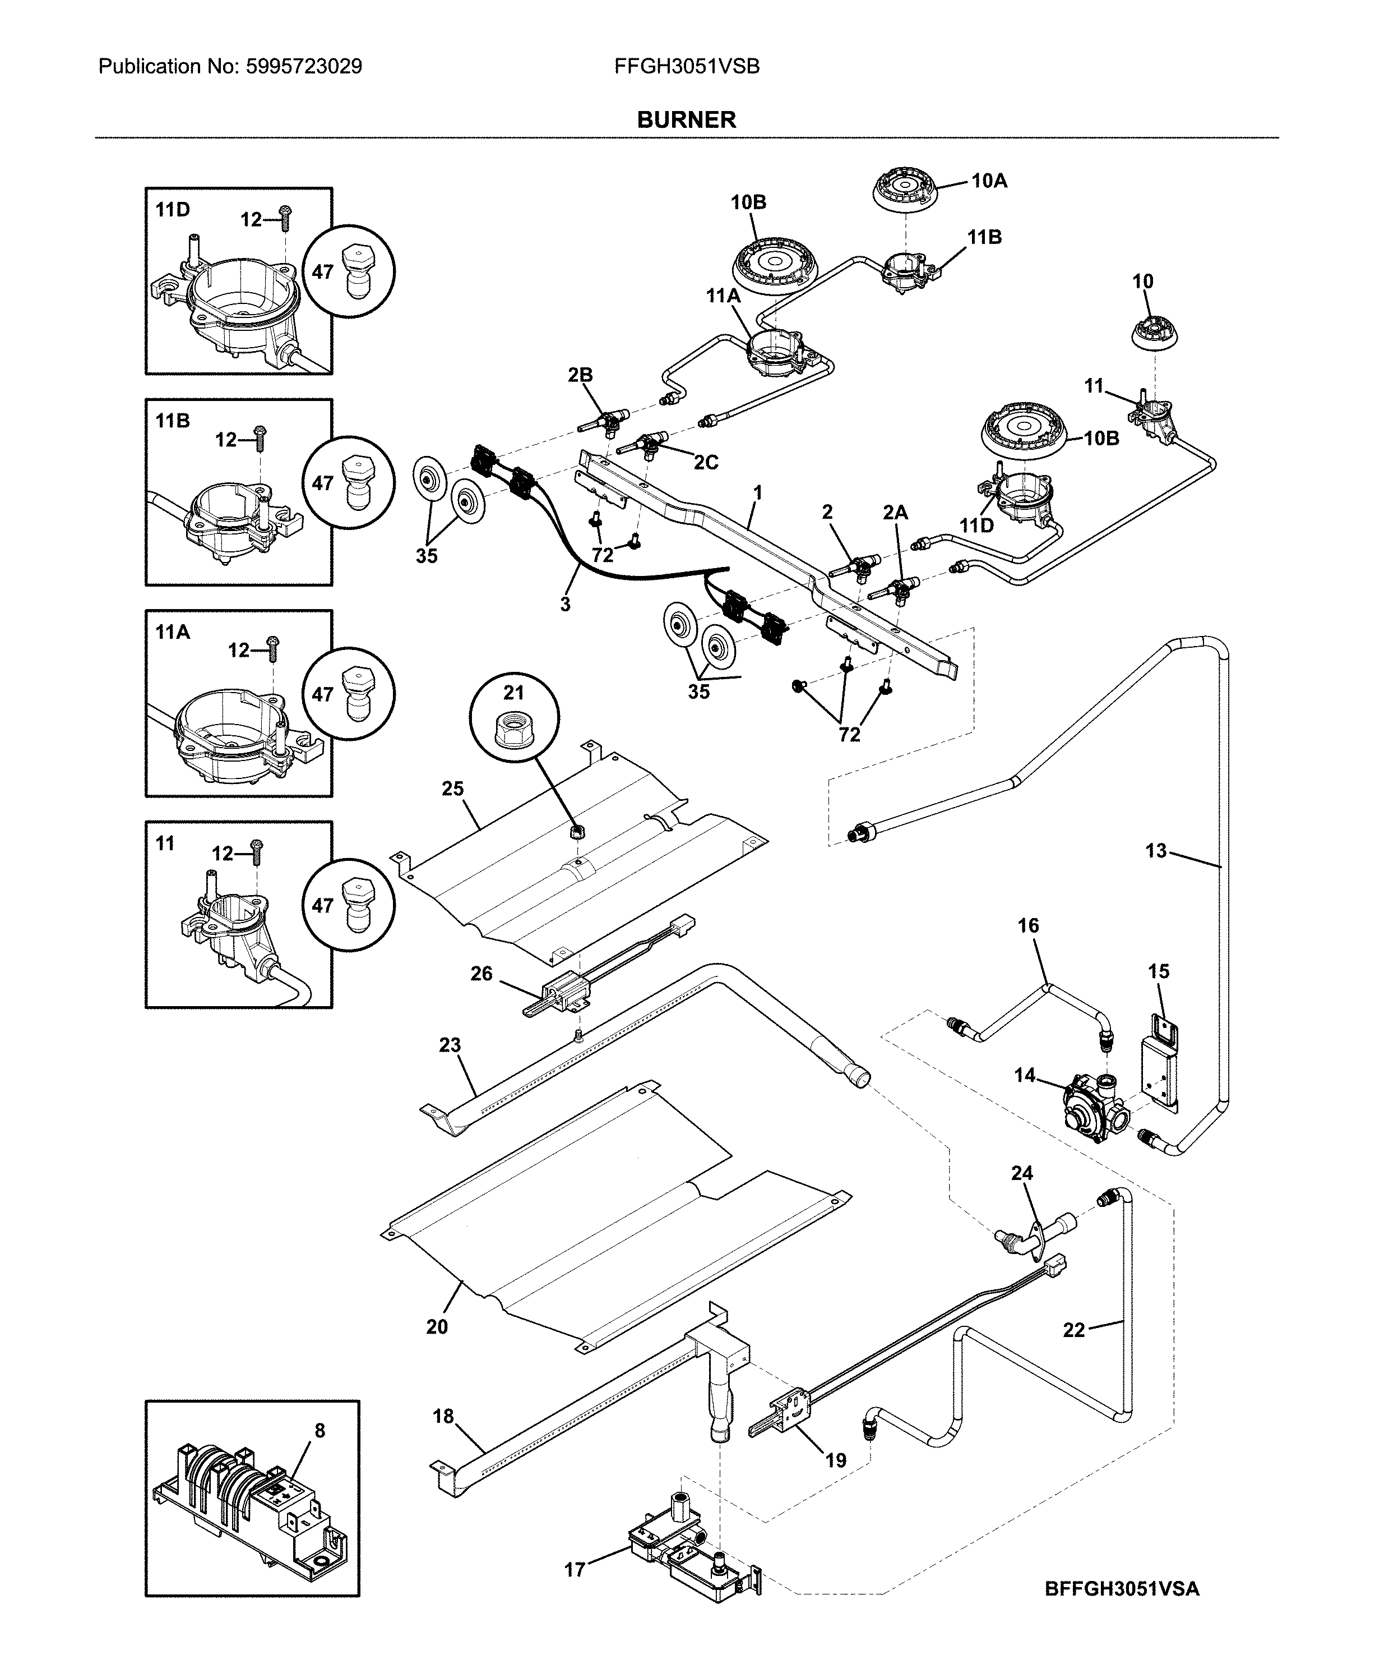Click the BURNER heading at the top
(686, 119)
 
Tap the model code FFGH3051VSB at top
(686, 67)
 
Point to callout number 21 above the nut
(513, 693)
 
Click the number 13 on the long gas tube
(1156, 851)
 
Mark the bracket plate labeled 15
(1159, 1060)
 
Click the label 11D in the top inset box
(173, 210)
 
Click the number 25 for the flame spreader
(452, 789)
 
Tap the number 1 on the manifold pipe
(757, 493)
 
